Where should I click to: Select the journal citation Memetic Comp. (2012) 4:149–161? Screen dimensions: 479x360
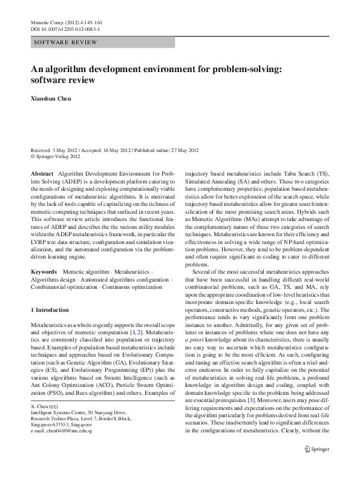point(65,22)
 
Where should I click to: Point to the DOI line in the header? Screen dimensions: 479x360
point(65,28)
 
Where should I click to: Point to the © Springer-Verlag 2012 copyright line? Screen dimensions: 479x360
point(55,156)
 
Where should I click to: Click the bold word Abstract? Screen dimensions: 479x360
point(42,173)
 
